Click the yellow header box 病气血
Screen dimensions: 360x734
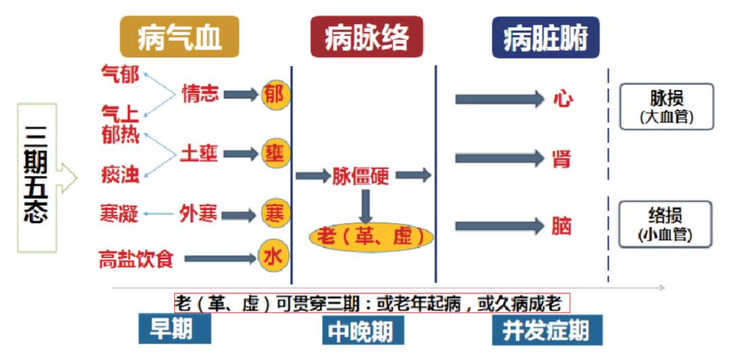pos(179,37)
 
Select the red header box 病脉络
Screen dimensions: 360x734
pos(367,37)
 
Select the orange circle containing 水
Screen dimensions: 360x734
pos(273,257)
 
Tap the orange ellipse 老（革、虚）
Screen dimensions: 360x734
pos(370,236)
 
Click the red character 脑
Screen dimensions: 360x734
pos(562,226)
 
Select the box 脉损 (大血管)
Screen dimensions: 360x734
pos(667,107)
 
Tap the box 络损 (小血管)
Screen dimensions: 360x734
pos(667,223)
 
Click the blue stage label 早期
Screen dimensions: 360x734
pos(174,329)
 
